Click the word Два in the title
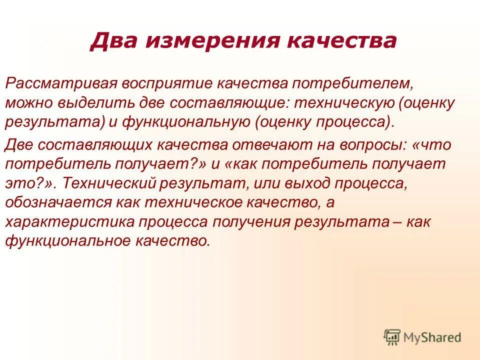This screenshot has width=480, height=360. pos(111,40)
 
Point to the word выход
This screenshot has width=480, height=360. pos(294,183)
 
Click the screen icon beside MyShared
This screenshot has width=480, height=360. pos(392,337)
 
